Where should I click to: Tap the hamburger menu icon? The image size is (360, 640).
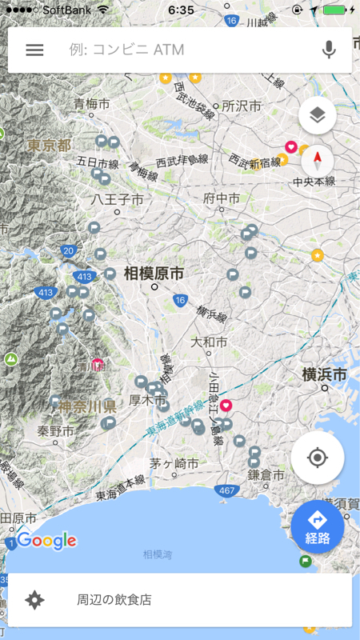34,50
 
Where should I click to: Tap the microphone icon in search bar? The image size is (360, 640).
329,50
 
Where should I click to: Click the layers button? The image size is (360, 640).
317,116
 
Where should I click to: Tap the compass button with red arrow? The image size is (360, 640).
318,161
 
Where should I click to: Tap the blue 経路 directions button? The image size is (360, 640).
318,526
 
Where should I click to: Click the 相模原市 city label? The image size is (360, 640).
154,274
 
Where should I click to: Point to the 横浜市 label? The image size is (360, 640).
324,374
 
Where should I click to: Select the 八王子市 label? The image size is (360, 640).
117,198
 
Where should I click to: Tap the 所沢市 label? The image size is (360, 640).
242,106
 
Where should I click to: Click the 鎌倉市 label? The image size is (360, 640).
266,474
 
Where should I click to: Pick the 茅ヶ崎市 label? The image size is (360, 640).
173,464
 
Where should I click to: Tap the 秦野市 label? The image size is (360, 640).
55,430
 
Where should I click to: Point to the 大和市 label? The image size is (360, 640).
209,342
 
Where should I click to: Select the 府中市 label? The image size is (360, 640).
222,198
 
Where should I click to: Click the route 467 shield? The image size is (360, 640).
226,490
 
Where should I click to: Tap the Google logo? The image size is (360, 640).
46,541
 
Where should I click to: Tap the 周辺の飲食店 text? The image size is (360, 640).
114,599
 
